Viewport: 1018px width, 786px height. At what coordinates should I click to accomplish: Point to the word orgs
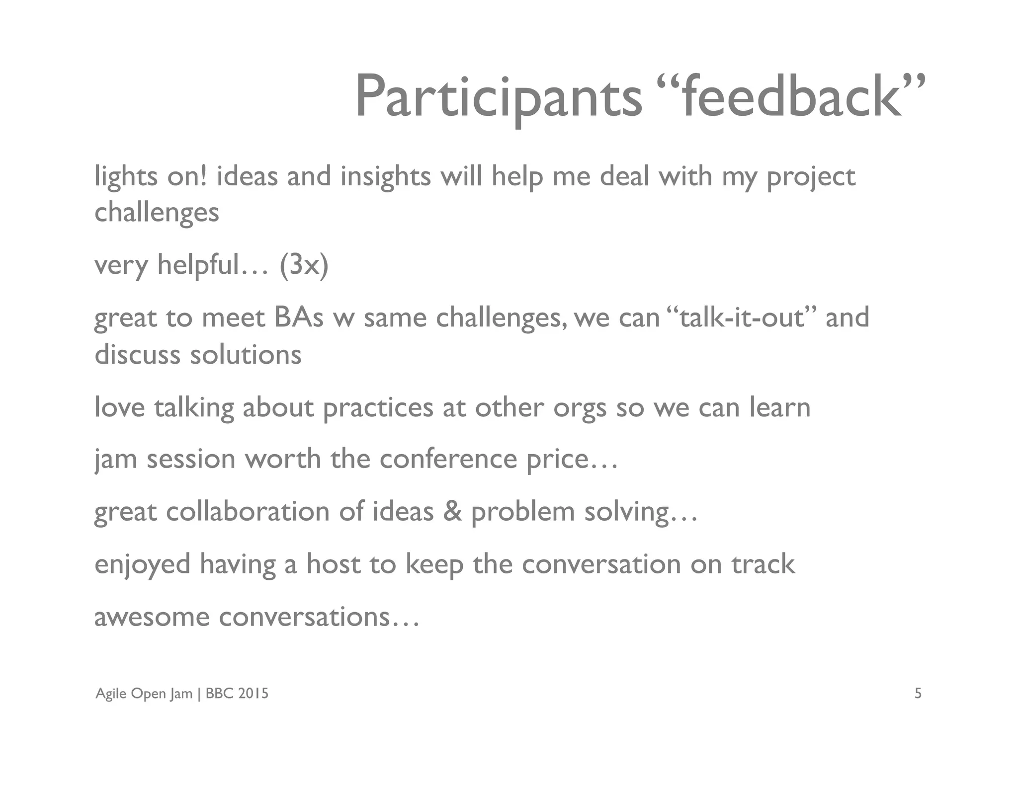(x=580, y=408)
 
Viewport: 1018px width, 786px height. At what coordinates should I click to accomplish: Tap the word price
(x=565, y=460)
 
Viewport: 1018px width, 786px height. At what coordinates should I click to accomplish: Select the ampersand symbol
(x=452, y=511)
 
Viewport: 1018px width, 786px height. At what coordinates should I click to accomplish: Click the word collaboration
(x=248, y=511)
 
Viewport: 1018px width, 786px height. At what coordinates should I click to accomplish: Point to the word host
(x=333, y=564)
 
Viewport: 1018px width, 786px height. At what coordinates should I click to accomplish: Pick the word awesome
(x=152, y=618)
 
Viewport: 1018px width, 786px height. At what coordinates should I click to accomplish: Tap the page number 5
(x=918, y=693)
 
